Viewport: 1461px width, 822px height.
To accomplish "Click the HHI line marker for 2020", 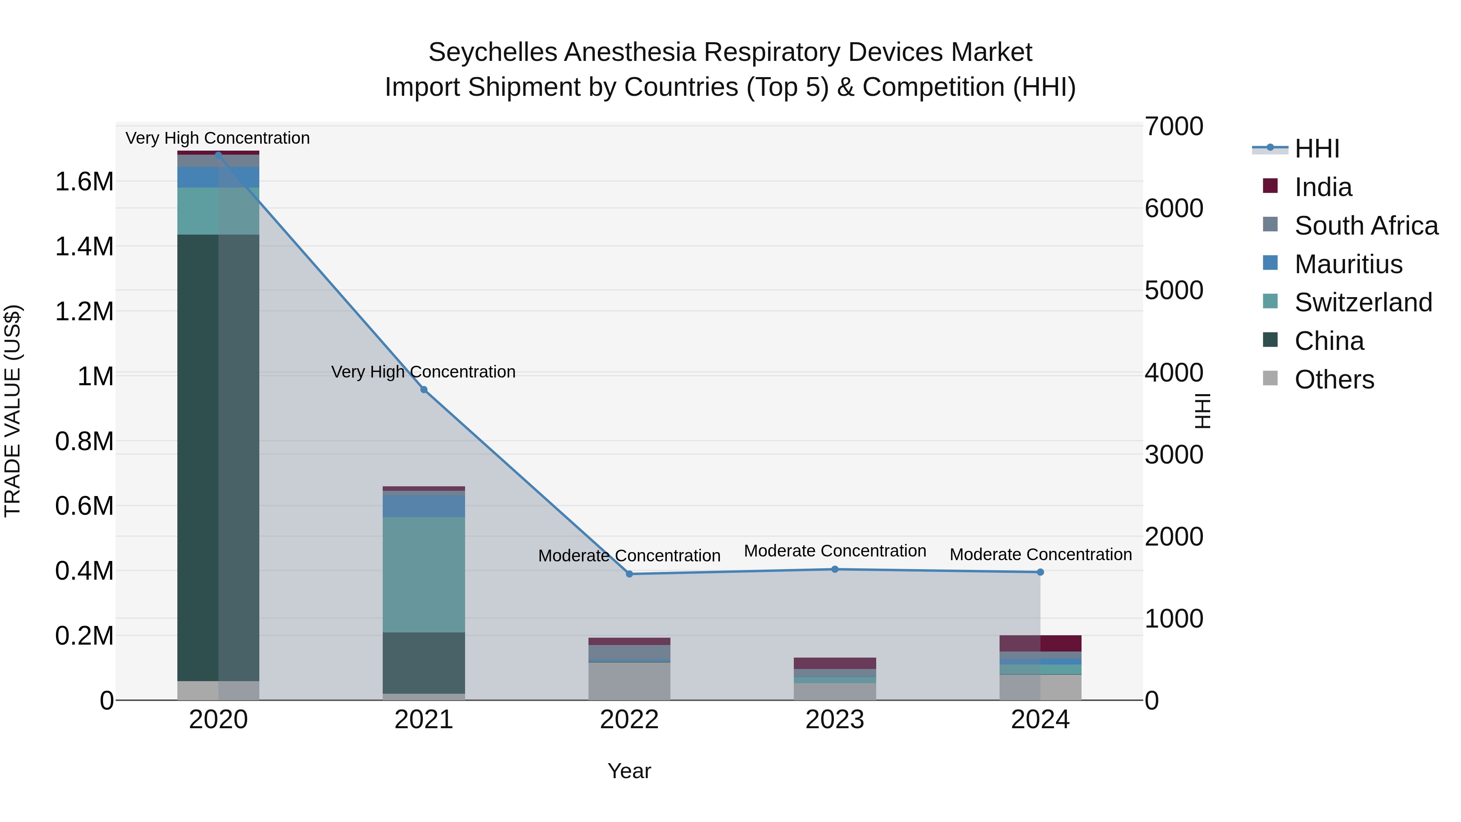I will point(218,155).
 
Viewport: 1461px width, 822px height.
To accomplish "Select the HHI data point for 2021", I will point(424,390).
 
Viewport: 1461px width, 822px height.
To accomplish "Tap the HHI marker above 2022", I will point(629,574).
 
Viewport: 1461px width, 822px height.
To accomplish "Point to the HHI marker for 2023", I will point(835,569).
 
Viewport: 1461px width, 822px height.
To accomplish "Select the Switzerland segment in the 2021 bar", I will point(424,574).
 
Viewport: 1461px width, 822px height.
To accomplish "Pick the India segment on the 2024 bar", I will point(1040,643).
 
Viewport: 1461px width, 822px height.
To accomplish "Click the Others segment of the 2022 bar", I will point(629,681).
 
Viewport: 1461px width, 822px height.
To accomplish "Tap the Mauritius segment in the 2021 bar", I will point(424,506).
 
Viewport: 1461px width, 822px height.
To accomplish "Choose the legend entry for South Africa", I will point(1366,226).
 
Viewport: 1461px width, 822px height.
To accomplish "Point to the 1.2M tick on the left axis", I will point(84,311).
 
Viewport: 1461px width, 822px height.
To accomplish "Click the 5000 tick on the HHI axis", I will point(1173,291).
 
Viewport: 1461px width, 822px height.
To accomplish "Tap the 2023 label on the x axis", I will point(835,720).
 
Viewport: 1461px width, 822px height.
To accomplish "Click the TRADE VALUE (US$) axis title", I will point(13,411).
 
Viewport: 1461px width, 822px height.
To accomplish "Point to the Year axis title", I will point(629,771).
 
